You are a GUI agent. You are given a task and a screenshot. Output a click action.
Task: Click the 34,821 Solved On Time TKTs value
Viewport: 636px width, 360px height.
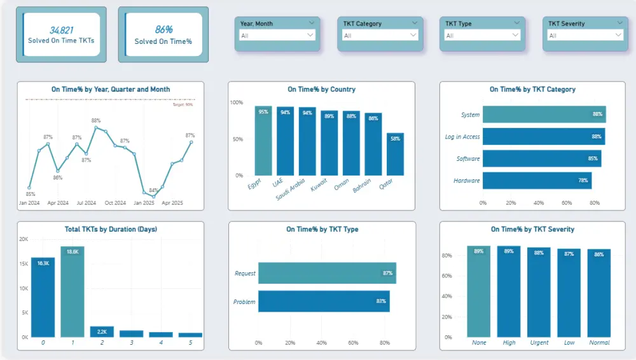pos(61,30)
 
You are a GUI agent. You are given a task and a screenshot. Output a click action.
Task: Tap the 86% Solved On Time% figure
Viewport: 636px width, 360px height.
pos(163,30)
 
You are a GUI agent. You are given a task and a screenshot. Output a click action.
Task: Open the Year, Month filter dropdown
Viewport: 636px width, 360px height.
pos(277,36)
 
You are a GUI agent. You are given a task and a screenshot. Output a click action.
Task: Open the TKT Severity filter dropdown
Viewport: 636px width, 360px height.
pos(583,36)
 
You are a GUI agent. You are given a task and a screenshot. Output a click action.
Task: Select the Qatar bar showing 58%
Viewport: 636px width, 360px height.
pos(395,155)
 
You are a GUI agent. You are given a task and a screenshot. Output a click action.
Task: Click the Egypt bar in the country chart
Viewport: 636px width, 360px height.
pos(263,141)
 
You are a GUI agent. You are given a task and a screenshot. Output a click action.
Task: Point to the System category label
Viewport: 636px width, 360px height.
pos(470,115)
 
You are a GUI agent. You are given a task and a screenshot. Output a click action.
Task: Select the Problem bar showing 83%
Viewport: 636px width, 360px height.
pos(324,301)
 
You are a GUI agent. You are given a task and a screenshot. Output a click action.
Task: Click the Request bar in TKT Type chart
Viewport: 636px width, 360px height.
pos(327,273)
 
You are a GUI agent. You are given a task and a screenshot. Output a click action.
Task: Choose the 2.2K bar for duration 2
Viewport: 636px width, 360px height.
pos(102,331)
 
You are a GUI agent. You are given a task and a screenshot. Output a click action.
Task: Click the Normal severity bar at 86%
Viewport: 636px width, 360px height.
pos(599,293)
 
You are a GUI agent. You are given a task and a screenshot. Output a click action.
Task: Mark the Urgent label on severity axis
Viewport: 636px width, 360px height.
pos(539,342)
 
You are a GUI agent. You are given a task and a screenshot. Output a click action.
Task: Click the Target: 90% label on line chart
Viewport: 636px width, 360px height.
pos(183,105)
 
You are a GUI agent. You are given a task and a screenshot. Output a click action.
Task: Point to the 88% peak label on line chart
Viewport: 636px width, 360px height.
pos(96,120)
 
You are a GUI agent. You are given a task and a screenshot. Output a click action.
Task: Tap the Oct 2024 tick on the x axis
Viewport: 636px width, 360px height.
pos(115,203)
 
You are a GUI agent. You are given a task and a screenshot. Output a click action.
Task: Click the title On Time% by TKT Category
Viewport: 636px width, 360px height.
pos(532,90)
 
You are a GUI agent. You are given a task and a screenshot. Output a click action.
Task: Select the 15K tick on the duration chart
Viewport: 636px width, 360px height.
pos(23,264)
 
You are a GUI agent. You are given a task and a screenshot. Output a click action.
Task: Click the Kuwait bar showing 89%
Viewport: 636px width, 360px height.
pos(329,143)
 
